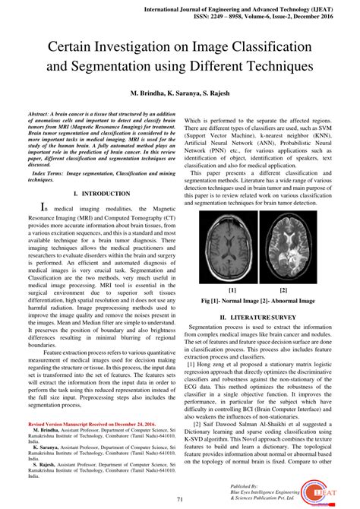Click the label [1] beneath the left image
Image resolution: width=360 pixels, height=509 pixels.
tap(231, 289)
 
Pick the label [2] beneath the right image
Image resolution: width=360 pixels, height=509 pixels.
tap(283, 289)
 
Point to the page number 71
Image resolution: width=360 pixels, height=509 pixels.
tap(180, 499)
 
